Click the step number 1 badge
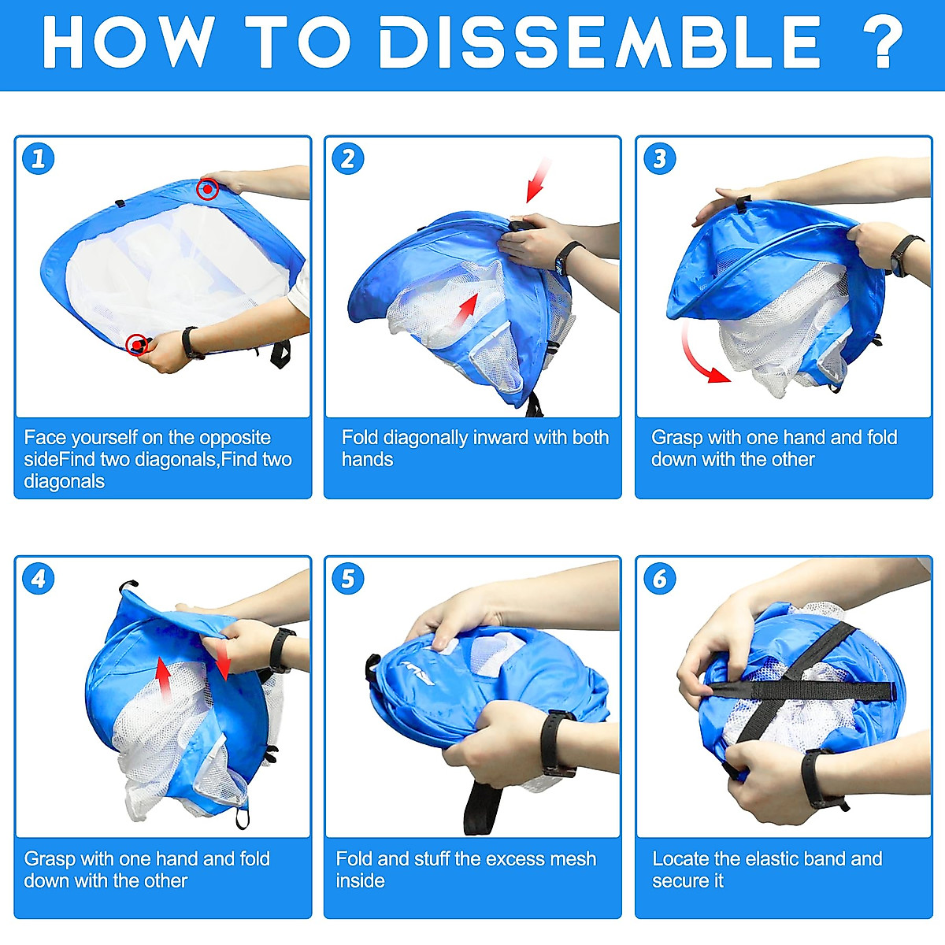39,158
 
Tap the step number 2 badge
348,158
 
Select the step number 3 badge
659,158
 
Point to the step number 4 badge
39,579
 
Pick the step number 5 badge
348,579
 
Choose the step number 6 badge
659,579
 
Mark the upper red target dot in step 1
207,189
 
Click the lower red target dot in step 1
137,345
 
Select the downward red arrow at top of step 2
538,180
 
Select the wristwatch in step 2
567,258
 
